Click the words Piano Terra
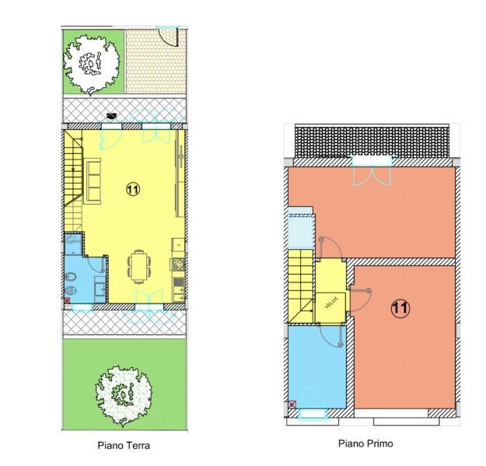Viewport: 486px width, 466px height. (124, 446)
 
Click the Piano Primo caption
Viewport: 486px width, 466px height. (365, 443)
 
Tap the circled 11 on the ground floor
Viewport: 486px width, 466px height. (133, 189)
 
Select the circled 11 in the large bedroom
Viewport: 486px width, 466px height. (400, 308)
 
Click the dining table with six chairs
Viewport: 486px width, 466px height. (139, 267)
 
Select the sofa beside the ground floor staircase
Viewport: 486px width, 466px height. (93, 181)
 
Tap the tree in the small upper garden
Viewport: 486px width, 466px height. (92, 64)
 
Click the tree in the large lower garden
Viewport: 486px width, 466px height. (124, 396)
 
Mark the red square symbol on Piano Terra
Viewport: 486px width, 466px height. (67, 300)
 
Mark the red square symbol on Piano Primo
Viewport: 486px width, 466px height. (292, 405)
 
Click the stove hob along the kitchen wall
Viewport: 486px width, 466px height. (178, 265)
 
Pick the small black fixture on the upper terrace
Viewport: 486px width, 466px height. (111, 116)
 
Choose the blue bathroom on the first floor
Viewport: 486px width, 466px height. (317, 366)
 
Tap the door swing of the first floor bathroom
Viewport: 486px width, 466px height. (331, 336)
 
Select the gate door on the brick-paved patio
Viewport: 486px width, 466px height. (168, 37)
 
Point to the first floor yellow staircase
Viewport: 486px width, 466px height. (301, 286)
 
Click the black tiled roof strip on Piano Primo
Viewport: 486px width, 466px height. (372, 142)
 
